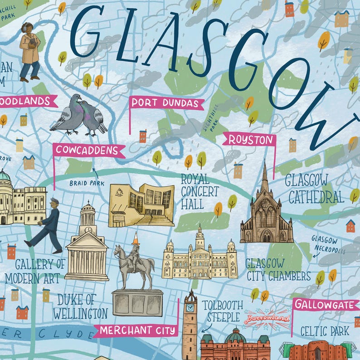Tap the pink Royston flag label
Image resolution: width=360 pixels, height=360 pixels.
(249, 140)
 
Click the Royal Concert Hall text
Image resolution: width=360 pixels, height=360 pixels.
(199, 191)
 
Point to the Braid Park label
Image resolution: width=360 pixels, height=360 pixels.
(87, 183)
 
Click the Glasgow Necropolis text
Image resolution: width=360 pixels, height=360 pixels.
(329, 245)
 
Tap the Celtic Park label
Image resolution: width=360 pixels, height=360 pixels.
(325, 331)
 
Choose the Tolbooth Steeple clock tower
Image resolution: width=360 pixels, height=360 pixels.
(190, 324)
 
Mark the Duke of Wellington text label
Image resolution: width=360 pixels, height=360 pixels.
(80, 306)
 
